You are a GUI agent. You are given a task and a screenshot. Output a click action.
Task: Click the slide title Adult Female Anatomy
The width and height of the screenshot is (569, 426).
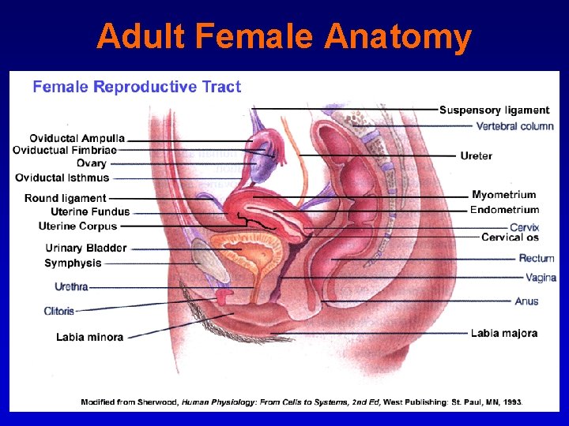pos(284,36)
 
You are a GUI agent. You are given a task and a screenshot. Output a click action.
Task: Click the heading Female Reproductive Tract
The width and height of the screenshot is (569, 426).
pos(137,87)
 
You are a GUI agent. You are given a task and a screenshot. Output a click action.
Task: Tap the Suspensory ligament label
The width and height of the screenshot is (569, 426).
pos(494,110)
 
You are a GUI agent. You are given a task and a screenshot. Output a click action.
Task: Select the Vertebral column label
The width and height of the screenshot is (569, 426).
pos(514,126)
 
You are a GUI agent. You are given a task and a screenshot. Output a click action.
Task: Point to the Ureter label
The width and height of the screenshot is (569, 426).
pos(476,156)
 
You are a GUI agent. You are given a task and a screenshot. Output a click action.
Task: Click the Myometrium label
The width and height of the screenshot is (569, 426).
pos(503,195)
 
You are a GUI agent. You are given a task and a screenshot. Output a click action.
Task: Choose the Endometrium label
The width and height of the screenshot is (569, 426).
pos(504,210)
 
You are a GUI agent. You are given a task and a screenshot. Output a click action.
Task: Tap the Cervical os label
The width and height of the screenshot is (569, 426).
pos(510,237)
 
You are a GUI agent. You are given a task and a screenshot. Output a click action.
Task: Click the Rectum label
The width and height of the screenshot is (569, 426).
pos(537,258)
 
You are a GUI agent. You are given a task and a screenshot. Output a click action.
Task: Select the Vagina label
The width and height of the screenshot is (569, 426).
pos(541,278)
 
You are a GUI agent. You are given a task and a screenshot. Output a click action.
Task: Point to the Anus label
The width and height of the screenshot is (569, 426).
pos(526,301)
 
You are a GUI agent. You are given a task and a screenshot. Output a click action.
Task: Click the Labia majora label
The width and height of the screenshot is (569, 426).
pos(503,334)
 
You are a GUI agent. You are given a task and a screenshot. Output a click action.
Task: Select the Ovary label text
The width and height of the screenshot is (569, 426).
pos(92,163)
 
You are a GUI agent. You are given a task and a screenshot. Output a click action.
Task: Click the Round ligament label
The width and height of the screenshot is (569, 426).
pos(65,198)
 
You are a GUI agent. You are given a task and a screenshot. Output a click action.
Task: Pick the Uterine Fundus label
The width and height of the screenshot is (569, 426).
pos(90,211)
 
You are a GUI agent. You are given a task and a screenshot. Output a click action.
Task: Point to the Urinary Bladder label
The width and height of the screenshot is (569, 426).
pos(86,248)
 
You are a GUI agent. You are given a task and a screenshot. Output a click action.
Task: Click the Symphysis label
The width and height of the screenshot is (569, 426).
pos(73,263)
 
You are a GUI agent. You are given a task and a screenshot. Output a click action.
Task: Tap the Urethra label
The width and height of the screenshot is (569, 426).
pos(71,286)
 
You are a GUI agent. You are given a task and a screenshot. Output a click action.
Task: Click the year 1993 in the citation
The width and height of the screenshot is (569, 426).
pos(511,402)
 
